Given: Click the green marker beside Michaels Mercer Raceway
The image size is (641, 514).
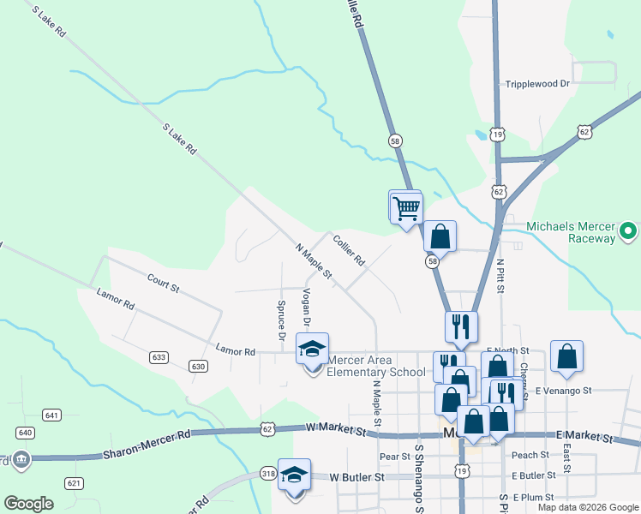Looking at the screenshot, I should point(628,231).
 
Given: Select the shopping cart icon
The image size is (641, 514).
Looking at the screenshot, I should point(405,206).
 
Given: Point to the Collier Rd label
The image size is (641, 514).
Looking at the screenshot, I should point(350,249).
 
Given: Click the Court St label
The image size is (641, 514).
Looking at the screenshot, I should point(163,284).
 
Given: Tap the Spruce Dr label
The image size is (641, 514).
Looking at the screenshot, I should point(281,320).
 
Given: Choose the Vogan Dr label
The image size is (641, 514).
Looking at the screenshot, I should point(306,307).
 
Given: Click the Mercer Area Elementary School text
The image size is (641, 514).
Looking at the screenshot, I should point(376,366).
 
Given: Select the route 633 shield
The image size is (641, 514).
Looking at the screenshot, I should point(158,356).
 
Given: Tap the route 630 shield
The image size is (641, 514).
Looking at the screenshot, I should point(199,367).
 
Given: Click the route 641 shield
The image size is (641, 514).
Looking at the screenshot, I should point(52,415).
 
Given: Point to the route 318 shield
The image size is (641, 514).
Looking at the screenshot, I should point(268,473).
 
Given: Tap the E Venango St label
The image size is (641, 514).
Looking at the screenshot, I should point(563,391).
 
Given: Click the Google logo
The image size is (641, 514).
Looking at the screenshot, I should point(29,504).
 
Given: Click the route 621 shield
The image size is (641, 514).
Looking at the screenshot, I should point(74,484).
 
